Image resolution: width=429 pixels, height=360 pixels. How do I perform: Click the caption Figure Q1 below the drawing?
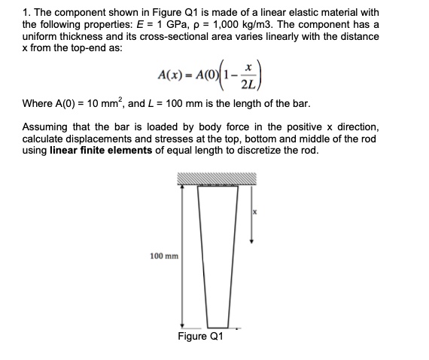click(x=200, y=336)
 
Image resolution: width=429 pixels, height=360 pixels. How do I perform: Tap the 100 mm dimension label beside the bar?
click(x=163, y=256)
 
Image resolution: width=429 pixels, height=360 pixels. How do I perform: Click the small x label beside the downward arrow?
click(x=254, y=212)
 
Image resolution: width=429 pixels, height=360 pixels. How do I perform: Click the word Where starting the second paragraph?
click(x=38, y=103)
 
